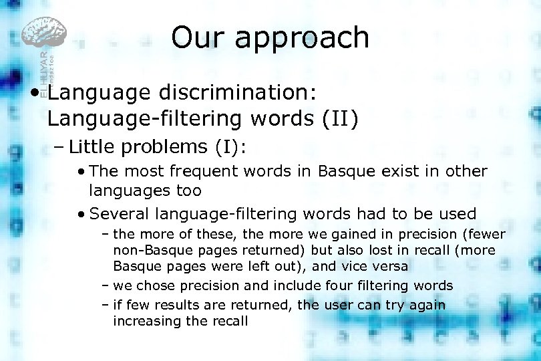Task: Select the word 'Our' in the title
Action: point(198,38)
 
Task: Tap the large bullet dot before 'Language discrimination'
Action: point(41,92)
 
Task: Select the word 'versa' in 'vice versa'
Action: point(389,266)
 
